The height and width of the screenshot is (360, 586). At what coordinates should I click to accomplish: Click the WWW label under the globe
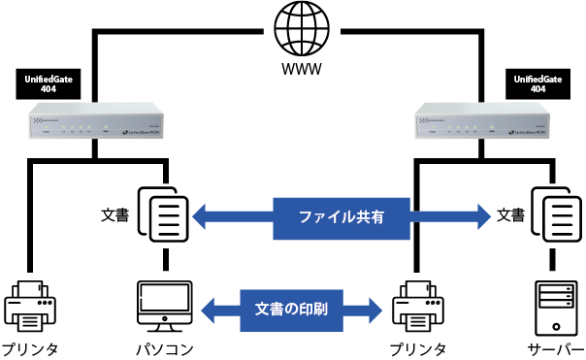[302, 70]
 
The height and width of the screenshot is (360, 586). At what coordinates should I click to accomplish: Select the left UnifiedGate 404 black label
[48, 82]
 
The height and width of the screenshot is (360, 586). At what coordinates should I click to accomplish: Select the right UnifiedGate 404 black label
[539, 82]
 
